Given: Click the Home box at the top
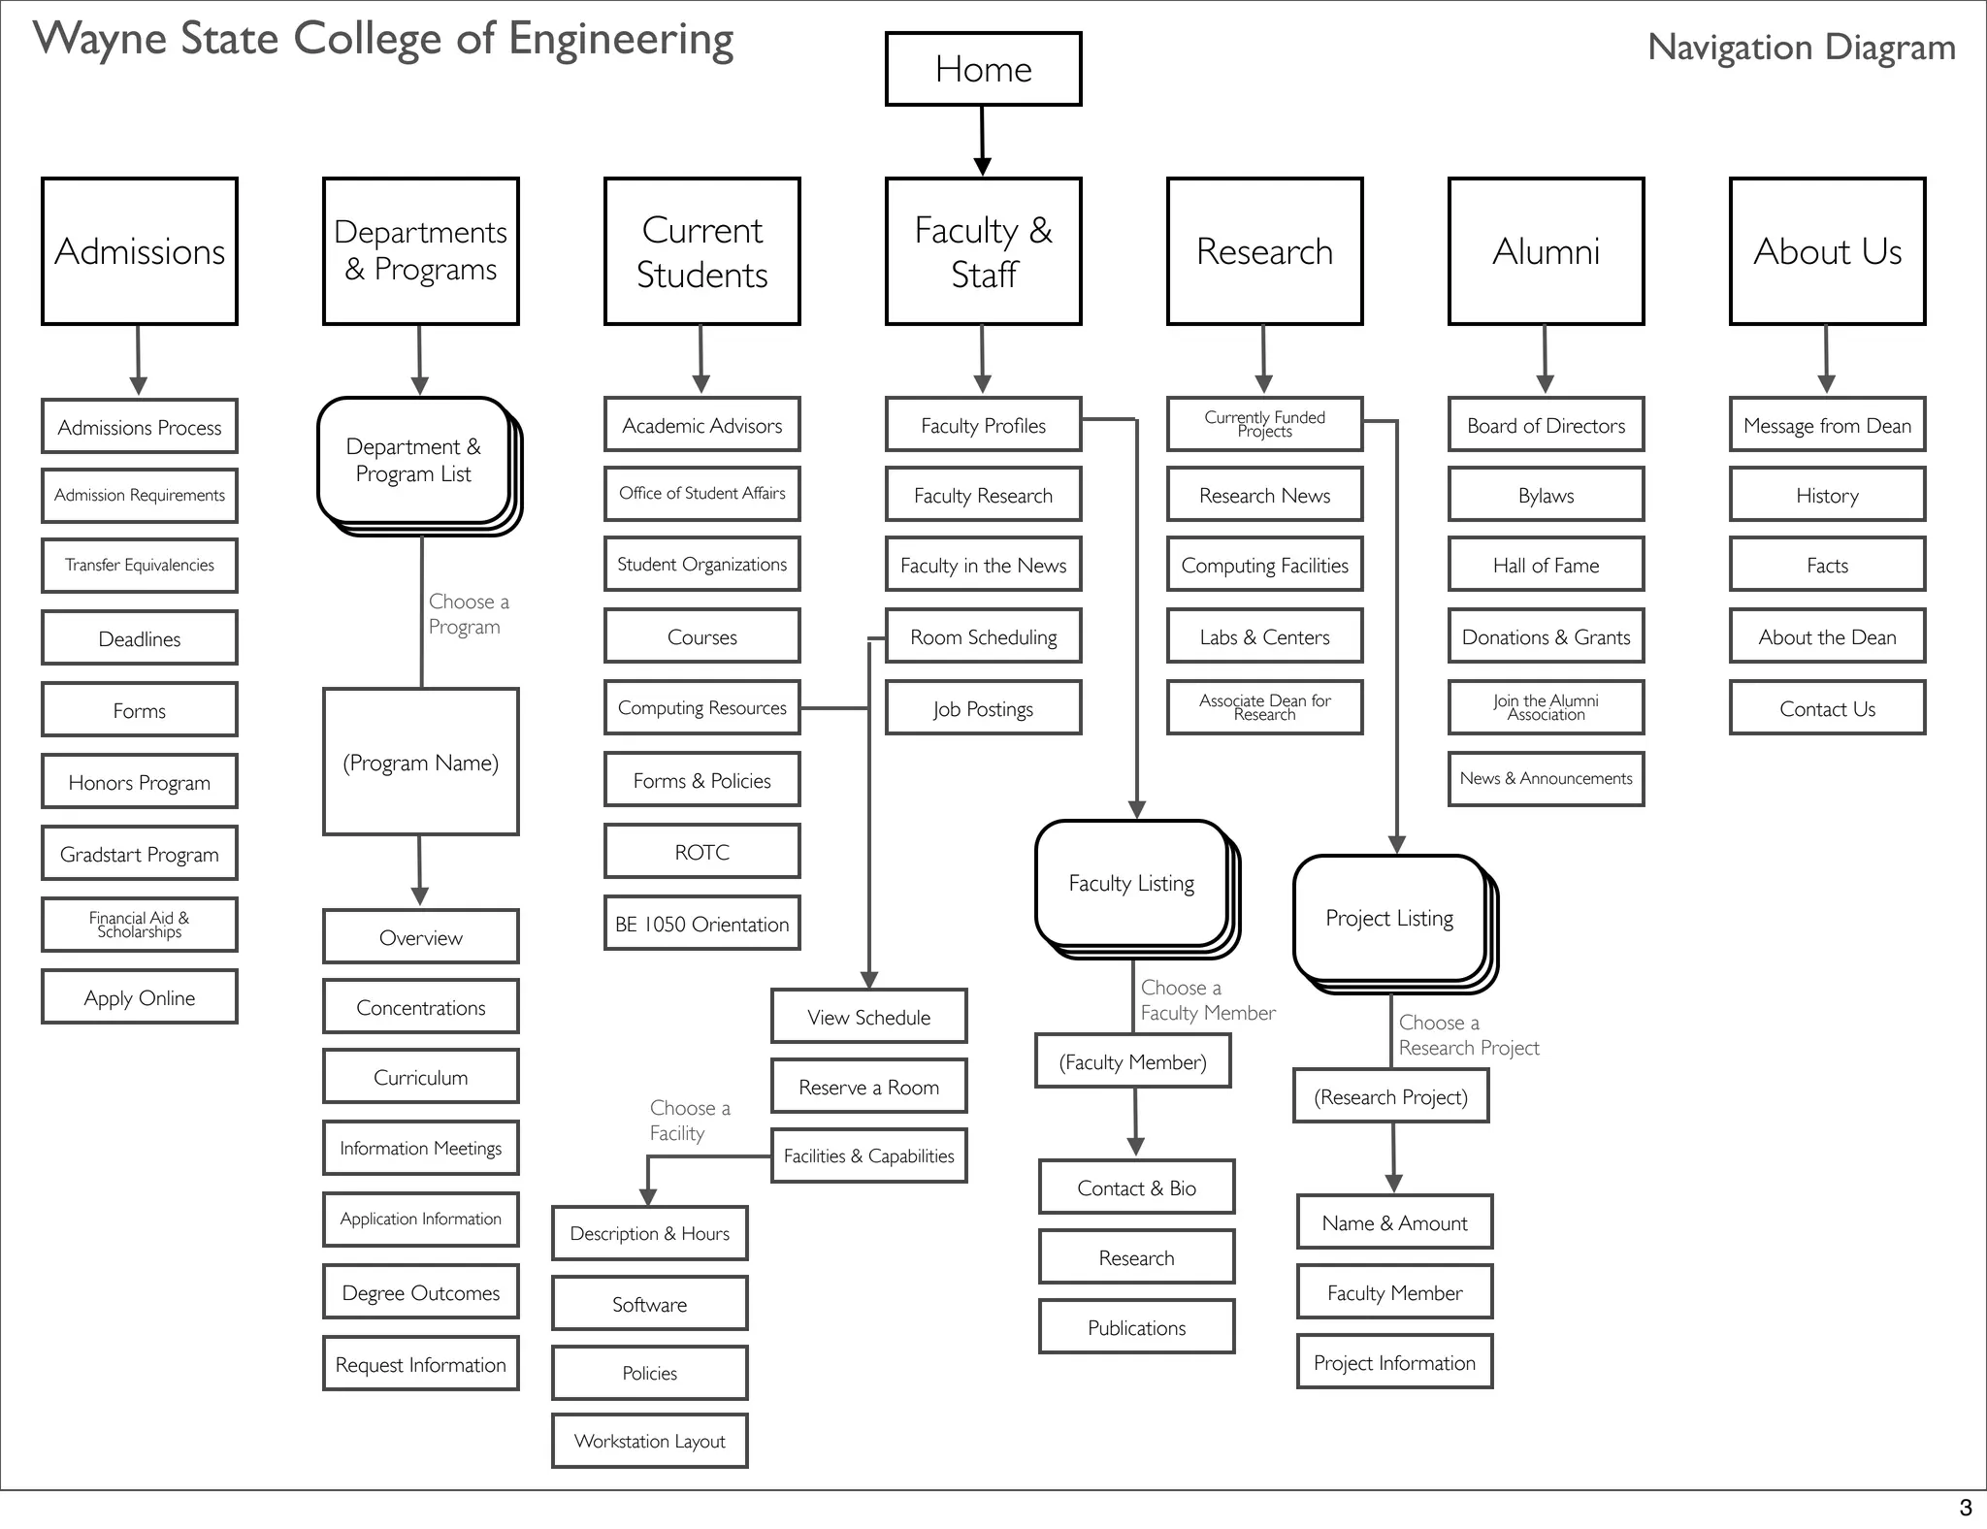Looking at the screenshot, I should (983, 69).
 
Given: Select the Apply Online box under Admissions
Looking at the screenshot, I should (139, 997).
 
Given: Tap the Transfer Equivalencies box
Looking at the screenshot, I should (139, 566).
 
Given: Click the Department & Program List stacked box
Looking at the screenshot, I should (414, 461).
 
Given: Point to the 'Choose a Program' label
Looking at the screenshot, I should (468, 614).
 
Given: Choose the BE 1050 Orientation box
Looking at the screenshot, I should (701, 924).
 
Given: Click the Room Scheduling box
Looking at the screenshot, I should (983, 636).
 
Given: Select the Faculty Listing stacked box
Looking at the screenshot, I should (1131, 884).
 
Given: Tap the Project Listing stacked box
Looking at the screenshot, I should (1389, 919).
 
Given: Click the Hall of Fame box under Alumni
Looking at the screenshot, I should (1546, 566).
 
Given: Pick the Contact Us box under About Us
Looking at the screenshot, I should (1827, 708).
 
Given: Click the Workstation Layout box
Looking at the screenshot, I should (649, 1441).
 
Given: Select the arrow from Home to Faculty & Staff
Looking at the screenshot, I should (982, 142).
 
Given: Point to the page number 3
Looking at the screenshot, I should (1965, 1508).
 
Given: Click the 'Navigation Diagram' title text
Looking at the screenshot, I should (1801, 47).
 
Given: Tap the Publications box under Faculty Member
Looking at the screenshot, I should (1136, 1327).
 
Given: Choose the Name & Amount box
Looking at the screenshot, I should (1394, 1222).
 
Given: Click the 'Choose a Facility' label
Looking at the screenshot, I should (689, 1121).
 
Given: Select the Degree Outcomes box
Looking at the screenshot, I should (420, 1292).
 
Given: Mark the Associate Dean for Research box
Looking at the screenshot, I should (1264, 707).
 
